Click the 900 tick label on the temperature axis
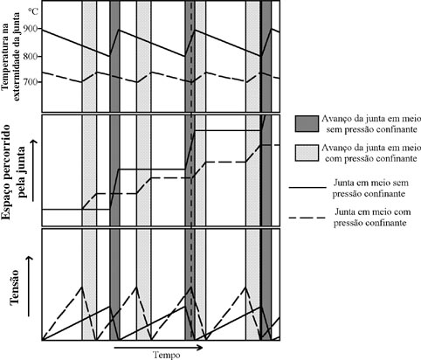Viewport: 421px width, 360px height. click(x=34, y=29)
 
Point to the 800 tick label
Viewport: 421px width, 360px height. click(x=34, y=56)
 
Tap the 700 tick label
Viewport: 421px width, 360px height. click(x=34, y=82)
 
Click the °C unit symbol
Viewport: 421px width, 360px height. click(x=33, y=11)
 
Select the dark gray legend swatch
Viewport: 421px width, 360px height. click(x=307, y=123)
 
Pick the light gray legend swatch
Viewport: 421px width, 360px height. click(x=307, y=153)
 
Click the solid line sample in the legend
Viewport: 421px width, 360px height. click(x=307, y=188)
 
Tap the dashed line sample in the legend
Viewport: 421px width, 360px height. click(x=307, y=218)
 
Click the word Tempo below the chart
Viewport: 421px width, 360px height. click(x=167, y=355)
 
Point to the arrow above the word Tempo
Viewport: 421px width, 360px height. click(x=158, y=347)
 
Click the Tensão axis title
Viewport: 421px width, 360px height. click(x=14, y=287)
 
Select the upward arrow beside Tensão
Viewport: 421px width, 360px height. click(x=29, y=287)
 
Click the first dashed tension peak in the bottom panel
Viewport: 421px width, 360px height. click(x=82, y=287)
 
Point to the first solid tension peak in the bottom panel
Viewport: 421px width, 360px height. click(x=110, y=306)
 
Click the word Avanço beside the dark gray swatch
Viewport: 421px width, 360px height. click(x=335, y=119)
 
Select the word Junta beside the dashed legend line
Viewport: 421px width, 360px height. click(x=346, y=211)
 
